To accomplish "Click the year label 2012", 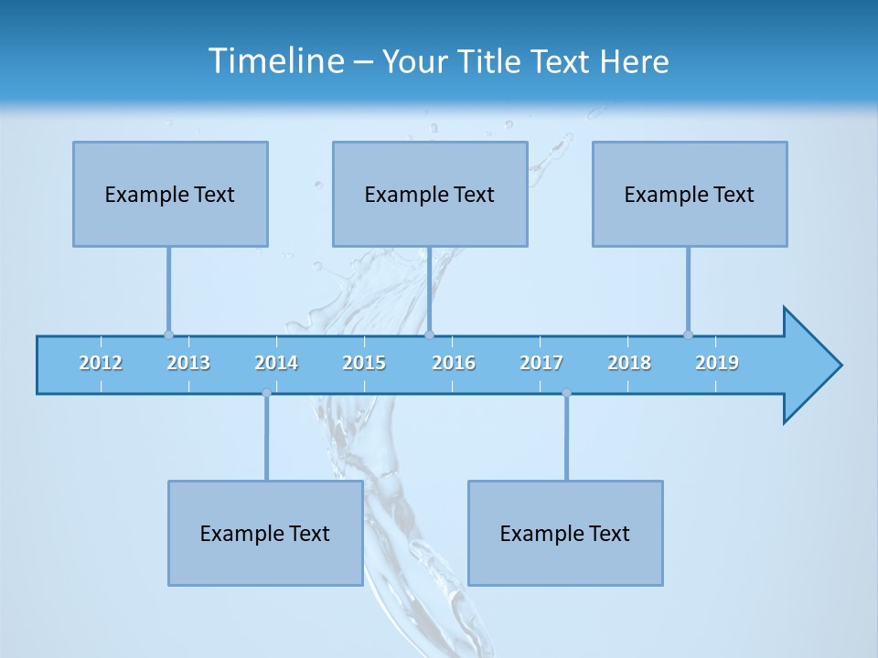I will pyautogui.click(x=101, y=363).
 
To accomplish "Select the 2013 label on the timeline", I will pyautogui.click(x=188, y=363).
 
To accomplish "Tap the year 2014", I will pyautogui.click(x=276, y=363).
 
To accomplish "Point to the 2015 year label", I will pyautogui.click(x=364, y=363).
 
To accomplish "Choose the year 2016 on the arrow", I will pyautogui.click(x=454, y=363).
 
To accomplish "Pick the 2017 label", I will pyautogui.click(x=541, y=363).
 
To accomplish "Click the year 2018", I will pyautogui.click(x=629, y=363).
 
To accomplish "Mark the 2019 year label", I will pyautogui.click(x=717, y=363).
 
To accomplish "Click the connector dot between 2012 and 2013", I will pyautogui.click(x=168, y=334).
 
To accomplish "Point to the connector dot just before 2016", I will pyautogui.click(x=430, y=334).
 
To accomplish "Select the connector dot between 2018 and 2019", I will pyautogui.click(x=689, y=334).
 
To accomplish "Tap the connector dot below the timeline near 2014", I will pyautogui.click(x=266, y=393).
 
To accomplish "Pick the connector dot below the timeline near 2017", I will pyautogui.click(x=566, y=393).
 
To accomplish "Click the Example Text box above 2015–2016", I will pyautogui.click(x=430, y=194).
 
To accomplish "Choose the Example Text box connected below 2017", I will pyautogui.click(x=565, y=533).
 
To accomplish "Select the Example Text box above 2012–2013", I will pyautogui.click(x=170, y=194).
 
